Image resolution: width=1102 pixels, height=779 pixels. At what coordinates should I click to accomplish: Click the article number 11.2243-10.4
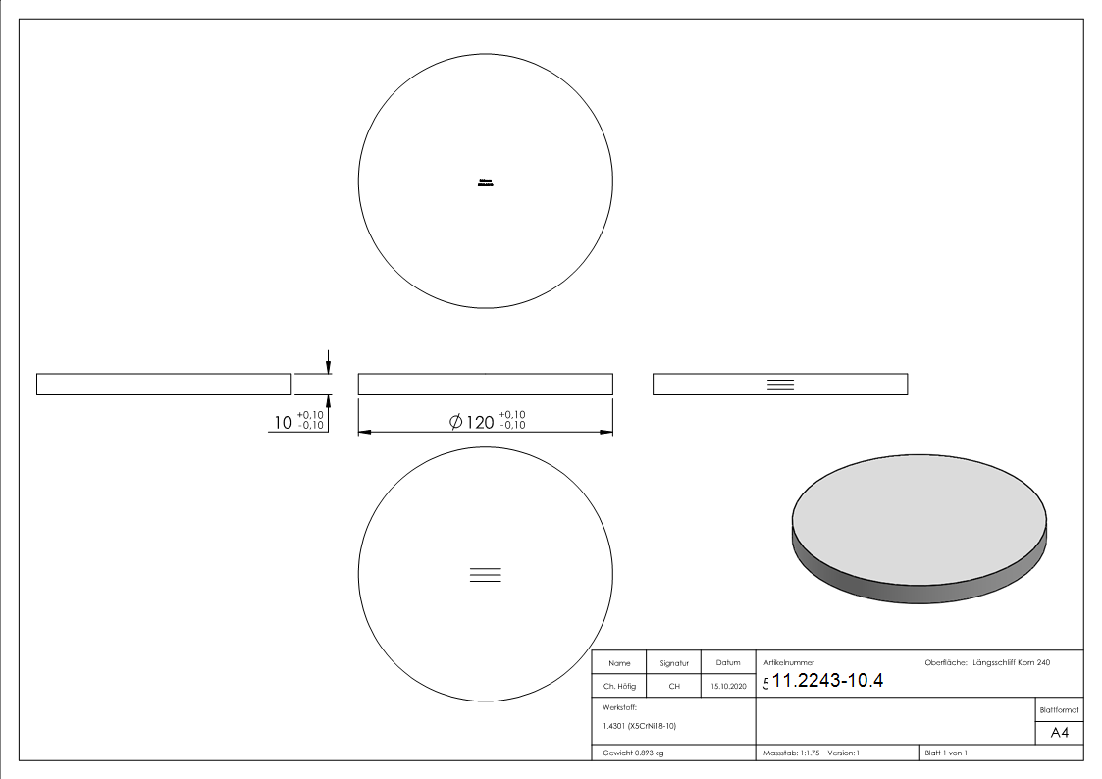coord(828,682)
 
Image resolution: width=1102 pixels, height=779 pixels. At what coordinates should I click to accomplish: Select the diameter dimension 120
coord(479,422)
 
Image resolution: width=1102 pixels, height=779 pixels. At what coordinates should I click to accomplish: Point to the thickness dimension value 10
coord(283,423)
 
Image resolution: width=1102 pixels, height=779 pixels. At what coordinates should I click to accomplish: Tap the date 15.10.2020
coord(728,687)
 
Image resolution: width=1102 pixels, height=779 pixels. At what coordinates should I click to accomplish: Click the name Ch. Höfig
coord(619,687)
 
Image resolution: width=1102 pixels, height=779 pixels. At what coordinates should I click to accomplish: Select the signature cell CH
coord(674,687)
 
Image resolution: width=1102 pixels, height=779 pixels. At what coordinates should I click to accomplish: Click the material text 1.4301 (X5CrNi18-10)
coord(639,726)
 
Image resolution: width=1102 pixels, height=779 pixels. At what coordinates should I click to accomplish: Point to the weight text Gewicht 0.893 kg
coord(634,753)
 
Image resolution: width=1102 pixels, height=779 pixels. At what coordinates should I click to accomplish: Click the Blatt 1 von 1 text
coord(946,753)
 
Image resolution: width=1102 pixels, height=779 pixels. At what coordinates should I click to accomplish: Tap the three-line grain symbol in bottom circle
coord(486,576)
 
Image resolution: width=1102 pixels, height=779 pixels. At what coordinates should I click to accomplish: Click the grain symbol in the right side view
coord(780,385)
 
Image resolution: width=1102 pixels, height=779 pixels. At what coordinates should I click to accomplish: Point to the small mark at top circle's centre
coord(485,182)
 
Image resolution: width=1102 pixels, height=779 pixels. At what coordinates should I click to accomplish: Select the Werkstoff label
coord(620,706)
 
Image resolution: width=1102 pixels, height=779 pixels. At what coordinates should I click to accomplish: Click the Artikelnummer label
coord(789,663)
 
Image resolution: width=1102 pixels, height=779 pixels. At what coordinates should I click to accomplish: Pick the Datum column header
coord(728,663)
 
